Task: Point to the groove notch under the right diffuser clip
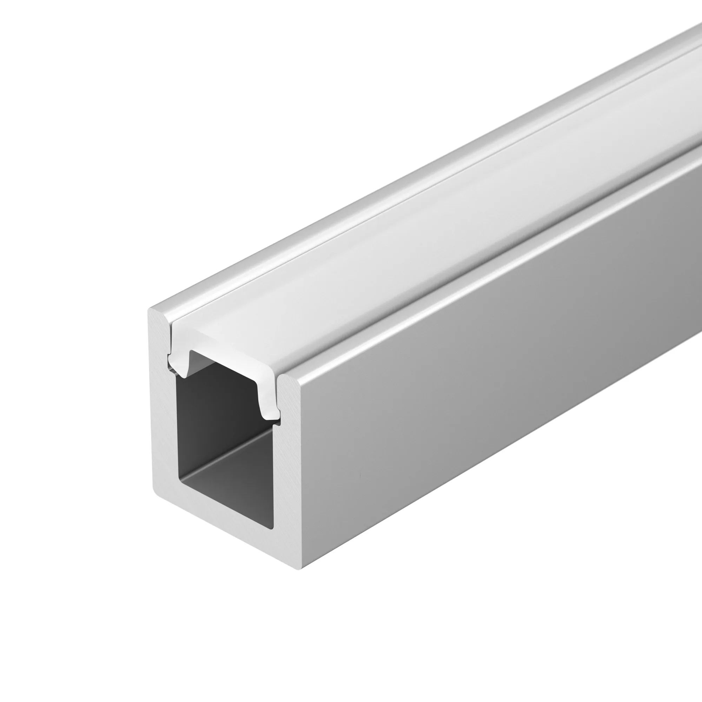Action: (x=278, y=422)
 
